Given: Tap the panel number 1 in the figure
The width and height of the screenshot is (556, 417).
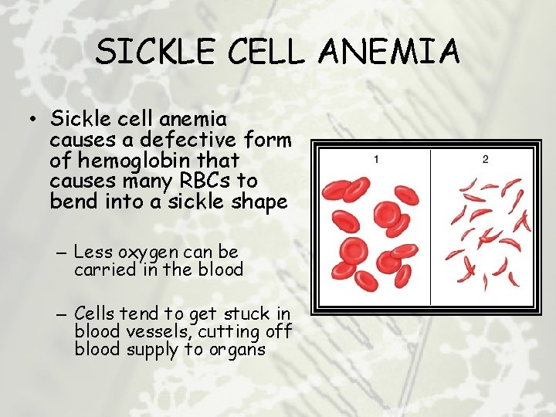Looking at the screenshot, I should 376,160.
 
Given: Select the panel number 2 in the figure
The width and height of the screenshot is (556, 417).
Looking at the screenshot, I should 485,160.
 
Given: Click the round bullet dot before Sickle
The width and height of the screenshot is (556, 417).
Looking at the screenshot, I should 30,120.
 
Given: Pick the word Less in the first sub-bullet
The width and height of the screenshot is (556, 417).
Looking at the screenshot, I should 91,253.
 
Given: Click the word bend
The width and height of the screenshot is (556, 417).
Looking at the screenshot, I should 71,201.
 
